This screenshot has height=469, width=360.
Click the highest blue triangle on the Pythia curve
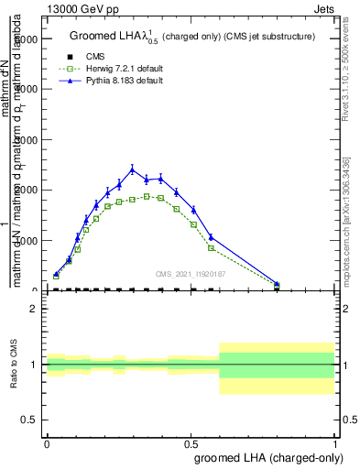point(132,169)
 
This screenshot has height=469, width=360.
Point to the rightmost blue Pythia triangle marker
point(277,283)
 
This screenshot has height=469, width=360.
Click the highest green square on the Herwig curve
point(147,196)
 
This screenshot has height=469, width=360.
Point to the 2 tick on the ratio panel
point(34,309)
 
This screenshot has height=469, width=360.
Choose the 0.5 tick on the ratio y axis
point(30,420)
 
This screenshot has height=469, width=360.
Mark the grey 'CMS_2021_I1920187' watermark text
point(190,273)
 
